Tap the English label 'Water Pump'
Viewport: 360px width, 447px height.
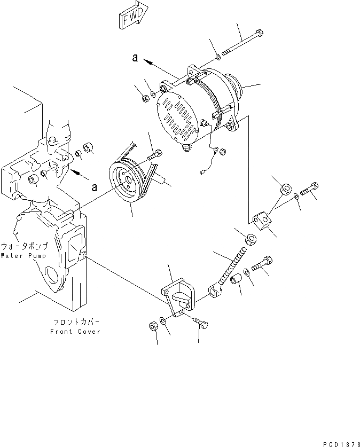(24, 256)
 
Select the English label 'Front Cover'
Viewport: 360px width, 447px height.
(75, 331)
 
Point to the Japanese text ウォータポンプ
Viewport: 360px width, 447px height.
(25, 247)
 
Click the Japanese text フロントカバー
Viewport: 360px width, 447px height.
(75, 322)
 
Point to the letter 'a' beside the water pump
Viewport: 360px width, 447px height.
(94, 187)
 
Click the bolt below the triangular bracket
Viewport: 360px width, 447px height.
(200, 323)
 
